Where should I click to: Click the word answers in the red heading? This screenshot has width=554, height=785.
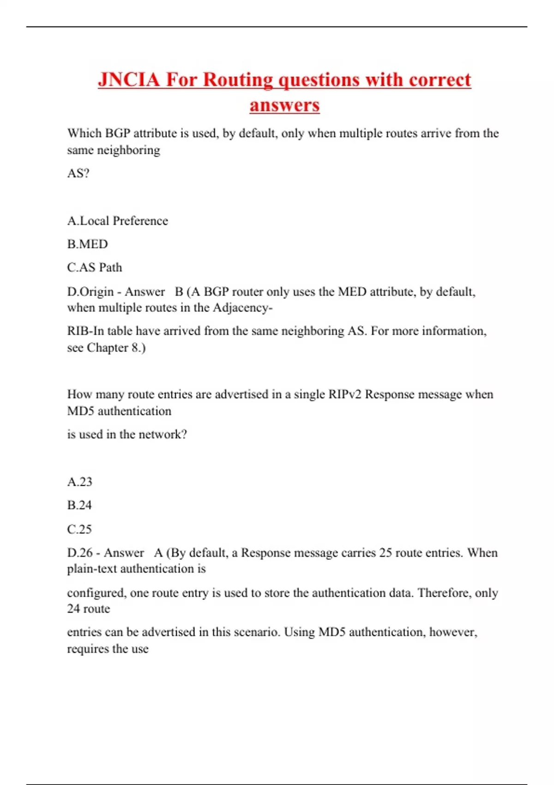(284, 105)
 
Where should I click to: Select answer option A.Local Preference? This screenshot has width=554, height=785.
(117, 221)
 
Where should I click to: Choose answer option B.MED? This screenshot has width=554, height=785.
(87, 244)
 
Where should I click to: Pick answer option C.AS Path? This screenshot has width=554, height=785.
(95, 267)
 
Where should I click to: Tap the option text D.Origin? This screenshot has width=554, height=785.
(90, 292)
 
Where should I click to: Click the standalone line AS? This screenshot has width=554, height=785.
(78, 173)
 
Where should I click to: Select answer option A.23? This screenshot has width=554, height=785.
(79, 482)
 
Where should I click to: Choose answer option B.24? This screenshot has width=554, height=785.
(79, 505)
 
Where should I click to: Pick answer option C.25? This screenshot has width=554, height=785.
(79, 529)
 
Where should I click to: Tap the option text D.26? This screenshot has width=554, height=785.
(80, 553)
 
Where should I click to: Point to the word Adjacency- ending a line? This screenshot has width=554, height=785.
(242, 308)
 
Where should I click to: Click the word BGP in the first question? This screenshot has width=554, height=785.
(118, 133)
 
